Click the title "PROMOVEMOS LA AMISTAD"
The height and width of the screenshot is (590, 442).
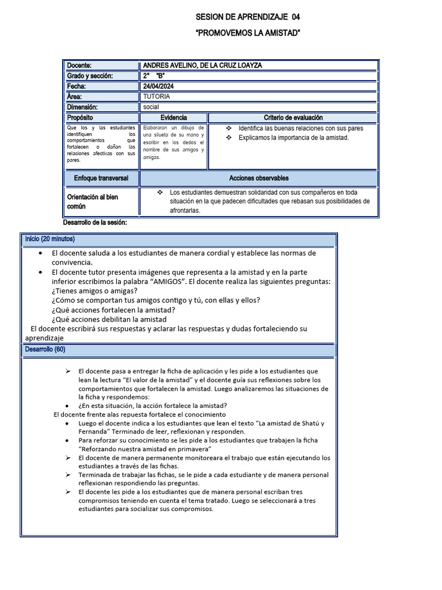tap(248, 33)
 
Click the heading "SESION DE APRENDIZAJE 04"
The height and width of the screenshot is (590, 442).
tap(248, 17)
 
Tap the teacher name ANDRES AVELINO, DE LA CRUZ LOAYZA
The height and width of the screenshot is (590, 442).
tap(202, 66)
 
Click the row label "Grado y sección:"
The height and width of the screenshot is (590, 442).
tap(90, 76)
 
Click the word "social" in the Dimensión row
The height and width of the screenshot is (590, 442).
tap(151, 107)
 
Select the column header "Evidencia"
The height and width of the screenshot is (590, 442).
tap(173, 118)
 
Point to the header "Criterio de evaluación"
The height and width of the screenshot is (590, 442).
tap(293, 118)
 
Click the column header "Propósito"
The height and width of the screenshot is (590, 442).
tap(80, 118)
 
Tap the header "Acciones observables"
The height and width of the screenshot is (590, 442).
tap(258, 179)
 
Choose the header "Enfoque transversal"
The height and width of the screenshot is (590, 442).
tap(101, 179)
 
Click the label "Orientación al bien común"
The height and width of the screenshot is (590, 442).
tap(93, 202)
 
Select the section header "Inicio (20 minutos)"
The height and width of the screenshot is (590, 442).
tap(49, 239)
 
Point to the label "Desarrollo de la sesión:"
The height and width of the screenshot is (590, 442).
tap(94, 222)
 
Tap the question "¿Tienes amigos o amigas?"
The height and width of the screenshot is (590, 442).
tap(94, 291)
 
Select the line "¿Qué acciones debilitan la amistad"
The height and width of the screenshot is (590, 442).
tap(109, 319)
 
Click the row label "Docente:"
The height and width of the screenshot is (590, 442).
tap(79, 66)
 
